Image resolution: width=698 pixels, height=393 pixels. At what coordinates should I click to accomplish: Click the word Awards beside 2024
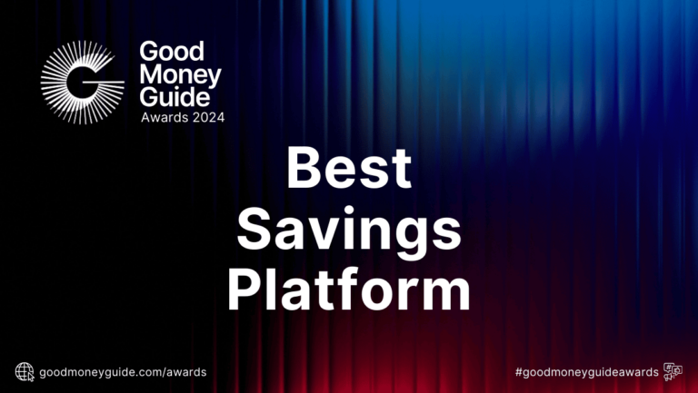[161, 117]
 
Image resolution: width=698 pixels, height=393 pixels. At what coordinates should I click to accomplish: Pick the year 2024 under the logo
[205, 117]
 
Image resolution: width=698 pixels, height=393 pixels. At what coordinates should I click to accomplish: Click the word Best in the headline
[349, 169]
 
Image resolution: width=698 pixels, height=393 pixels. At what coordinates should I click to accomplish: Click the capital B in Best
[304, 169]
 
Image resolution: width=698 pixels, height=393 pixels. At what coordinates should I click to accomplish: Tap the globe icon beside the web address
[25, 371]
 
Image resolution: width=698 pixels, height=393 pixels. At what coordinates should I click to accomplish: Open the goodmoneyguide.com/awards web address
[124, 372]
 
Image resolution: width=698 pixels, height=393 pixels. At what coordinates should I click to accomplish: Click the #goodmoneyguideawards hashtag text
[586, 372]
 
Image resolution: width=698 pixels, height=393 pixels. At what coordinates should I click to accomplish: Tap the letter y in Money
[214, 77]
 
